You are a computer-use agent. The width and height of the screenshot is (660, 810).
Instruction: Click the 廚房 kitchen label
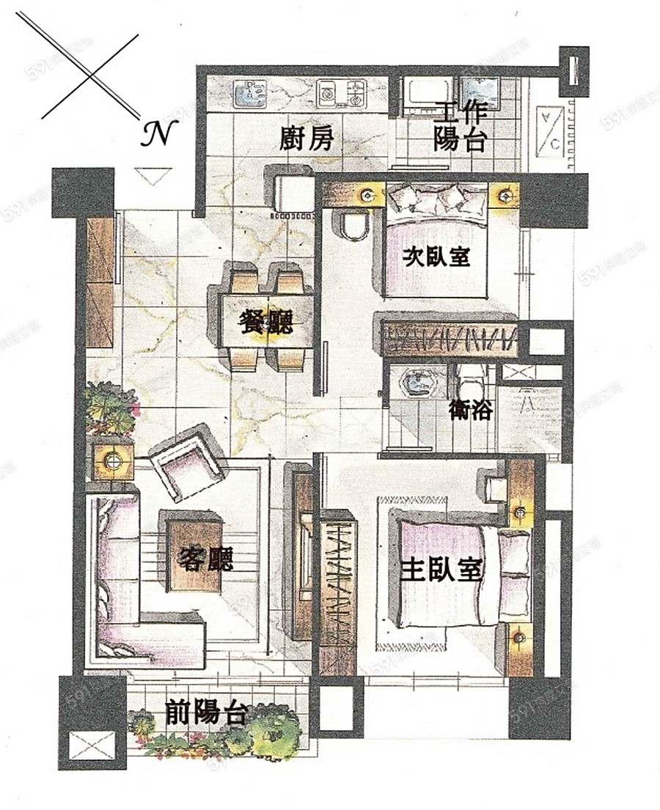(307, 139)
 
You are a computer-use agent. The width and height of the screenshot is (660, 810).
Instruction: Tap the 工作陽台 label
(460, 126)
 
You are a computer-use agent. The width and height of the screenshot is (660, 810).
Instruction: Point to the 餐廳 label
(266, 322)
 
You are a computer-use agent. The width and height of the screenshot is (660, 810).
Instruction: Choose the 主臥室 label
(441, 569)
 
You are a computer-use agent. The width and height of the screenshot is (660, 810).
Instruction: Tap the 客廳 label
(207, 560)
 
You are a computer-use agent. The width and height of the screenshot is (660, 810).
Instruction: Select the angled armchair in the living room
(188, 463)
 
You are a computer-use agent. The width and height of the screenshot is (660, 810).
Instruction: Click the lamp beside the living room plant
(113, 460)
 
